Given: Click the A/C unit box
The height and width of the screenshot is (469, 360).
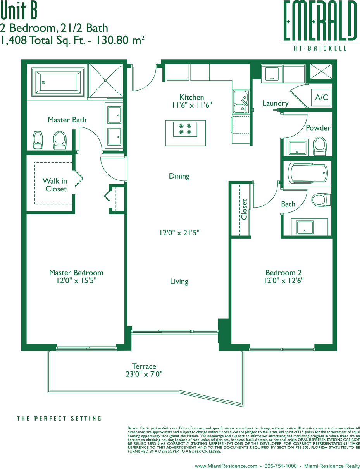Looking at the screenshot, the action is [x=321, y=97].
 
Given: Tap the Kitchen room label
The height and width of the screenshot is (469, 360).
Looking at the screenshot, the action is [x=191, y=97].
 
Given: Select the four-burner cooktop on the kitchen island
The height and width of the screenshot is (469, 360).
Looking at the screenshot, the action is [x=185, y=129].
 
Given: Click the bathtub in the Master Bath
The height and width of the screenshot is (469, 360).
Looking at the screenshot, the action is [x=58, y=82].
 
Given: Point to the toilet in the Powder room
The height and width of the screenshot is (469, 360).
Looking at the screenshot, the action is [x=320, y=146].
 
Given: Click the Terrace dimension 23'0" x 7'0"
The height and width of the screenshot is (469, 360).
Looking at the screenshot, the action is [x=144, y=374].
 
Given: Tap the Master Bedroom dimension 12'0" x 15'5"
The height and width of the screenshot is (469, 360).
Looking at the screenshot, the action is [x=76, y=280].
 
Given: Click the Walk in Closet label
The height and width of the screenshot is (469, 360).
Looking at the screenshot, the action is [x=55, y=185].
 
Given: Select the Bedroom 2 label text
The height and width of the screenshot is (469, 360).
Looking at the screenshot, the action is [x=284, y=273].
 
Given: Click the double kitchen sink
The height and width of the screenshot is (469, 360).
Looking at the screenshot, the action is [x=241, y=101].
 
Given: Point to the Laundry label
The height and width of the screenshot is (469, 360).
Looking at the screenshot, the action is [x=276, y=103].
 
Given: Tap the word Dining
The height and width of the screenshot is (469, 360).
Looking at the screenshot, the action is [x=179, y=176].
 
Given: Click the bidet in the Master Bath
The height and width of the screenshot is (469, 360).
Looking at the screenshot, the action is [x=38, y=140].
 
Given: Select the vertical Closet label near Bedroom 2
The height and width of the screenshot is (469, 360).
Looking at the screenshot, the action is [x=244, y=210].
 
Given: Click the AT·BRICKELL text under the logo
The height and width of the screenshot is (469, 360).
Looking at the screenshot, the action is [x=320, y=48].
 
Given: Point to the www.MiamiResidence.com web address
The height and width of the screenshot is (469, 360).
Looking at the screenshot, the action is [x=226, y=464].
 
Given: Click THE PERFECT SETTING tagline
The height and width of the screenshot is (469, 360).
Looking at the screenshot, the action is [x=59, y=419].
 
